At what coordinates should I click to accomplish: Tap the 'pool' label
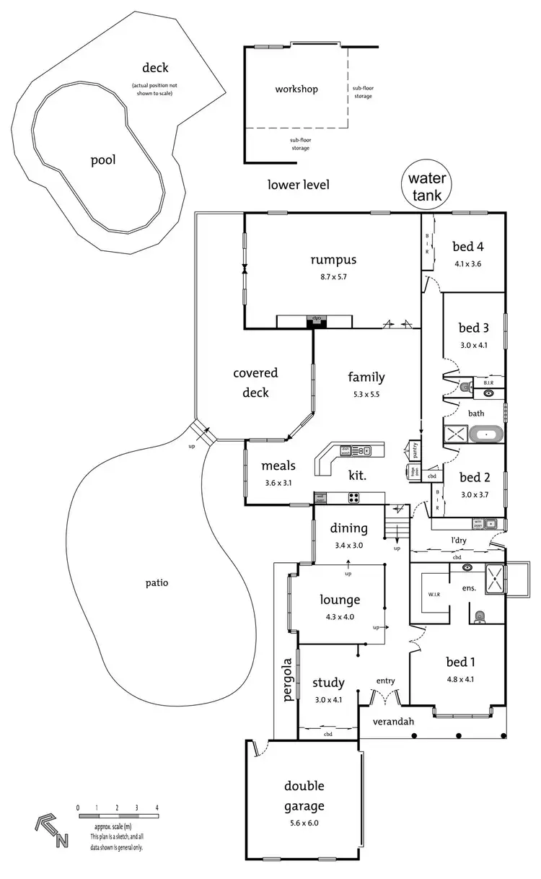pyautogui.click(x=103, y=159)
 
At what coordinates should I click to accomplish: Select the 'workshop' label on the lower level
pyautogui.click(x=296, y=89)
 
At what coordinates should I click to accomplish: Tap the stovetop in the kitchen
pyautogui.click(x=354, y=497)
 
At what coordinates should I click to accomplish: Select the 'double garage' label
pyautogui.click(x=304, y=796)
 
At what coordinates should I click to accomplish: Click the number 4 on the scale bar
pyautogui.click(x=157, y=808)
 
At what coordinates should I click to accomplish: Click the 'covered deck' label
pyautogui.click(x=255, y=382)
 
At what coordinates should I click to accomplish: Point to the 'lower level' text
pyautogui.click(x=298, y=185)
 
